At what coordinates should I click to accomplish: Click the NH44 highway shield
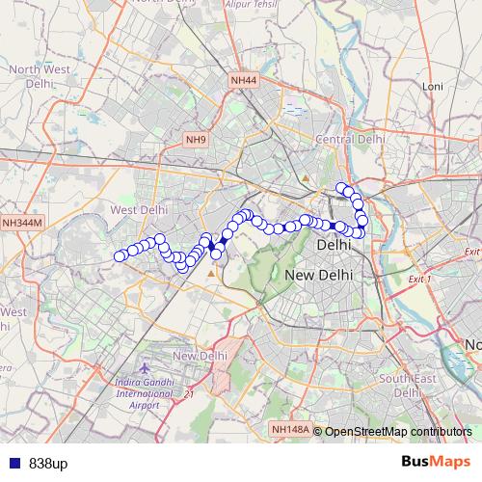point(244,80)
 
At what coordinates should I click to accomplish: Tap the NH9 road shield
point(197,140)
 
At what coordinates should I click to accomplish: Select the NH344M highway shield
point(22,223)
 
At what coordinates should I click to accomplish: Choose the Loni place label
point(433,86)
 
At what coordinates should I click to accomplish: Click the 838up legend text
point(48,464)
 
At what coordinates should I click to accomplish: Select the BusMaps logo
point(437,463)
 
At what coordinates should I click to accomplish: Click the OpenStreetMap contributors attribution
point(397,432)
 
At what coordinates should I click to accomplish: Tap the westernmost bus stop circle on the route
point(120,256)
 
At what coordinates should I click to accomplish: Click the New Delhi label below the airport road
point(200,356)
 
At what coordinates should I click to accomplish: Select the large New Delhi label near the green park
point(319,276)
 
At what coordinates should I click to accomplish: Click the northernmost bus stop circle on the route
point(340,187)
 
